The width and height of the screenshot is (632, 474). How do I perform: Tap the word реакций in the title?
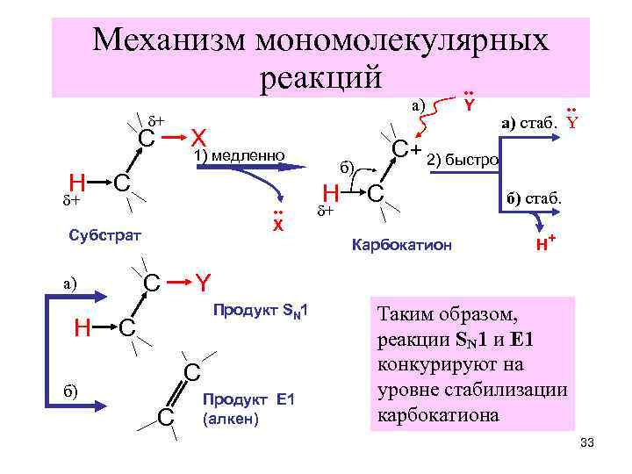[x=321, y=76]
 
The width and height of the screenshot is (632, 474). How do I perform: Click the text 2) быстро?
[x=463, y=160]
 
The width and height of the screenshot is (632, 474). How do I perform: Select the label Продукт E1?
[x=251, y=400]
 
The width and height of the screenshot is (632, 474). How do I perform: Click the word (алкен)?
[x=230, y=419]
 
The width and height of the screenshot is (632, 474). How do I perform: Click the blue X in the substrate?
[x=199, y=138]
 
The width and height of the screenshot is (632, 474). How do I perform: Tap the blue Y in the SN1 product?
[x=203, y=283]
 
